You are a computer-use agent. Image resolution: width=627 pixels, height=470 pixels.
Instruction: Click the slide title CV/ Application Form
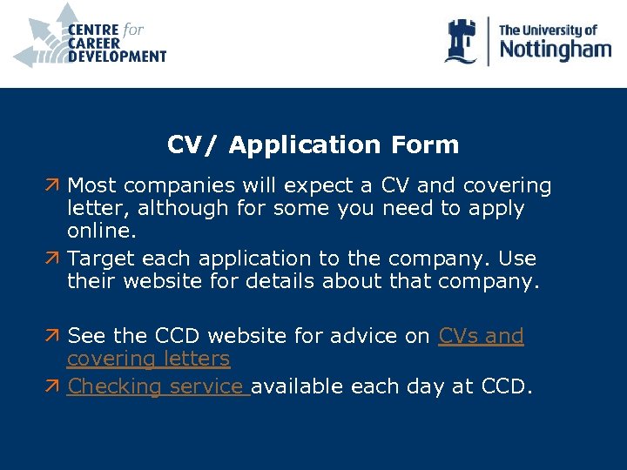[x=313, y=144]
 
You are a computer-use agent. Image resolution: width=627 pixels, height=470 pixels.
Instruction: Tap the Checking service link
[x=158, y=386]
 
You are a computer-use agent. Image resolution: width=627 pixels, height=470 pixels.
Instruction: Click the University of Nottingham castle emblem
[x=461, y=41]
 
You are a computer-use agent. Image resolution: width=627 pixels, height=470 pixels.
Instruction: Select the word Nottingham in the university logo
[x=555, y=50]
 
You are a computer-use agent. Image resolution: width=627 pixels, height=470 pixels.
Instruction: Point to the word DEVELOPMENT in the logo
[x=117, y=57]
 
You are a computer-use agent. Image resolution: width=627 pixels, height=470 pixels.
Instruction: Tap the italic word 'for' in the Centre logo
[x=133, y=30]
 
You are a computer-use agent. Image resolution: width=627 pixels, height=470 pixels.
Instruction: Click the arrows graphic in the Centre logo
[x=42, y=37]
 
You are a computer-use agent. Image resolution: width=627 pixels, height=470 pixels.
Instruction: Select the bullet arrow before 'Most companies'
[x=54, y=186]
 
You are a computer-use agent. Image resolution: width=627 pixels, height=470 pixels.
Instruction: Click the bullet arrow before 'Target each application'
[x=54, y=259]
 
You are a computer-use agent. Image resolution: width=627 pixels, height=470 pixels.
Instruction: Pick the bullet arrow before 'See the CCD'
[x=54, y=336]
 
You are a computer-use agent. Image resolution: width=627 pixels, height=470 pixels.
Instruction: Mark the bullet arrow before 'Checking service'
[x=54, y=386]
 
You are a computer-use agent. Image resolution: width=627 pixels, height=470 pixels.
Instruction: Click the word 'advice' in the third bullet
[x=374, y=336]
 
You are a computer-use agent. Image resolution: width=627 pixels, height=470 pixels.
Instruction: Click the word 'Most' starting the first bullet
[x=92, y=186]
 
